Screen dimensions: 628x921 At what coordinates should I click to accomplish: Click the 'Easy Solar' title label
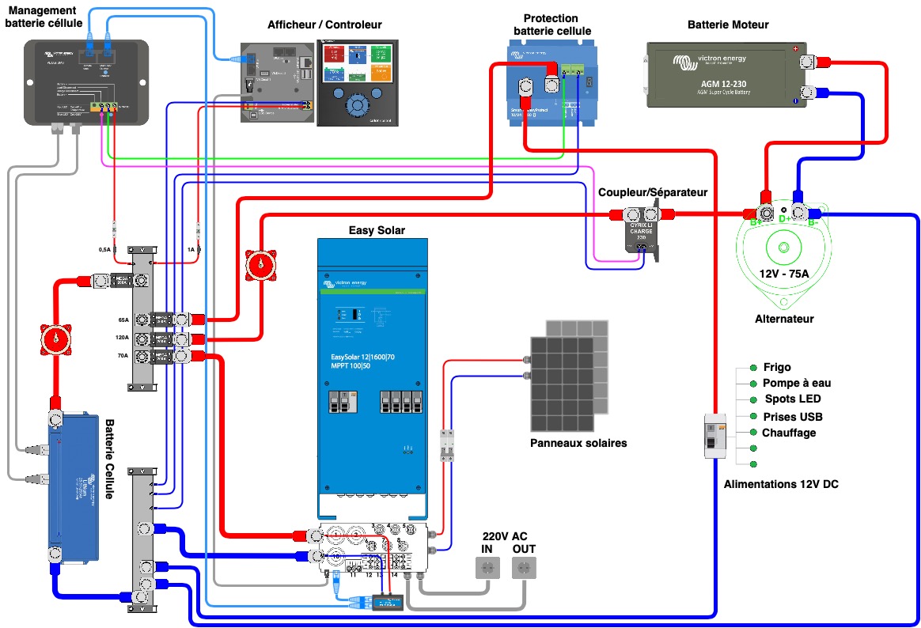377,230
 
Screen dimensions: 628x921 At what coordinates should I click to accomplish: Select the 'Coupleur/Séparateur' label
653,192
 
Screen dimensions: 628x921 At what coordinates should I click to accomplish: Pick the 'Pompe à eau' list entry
796,383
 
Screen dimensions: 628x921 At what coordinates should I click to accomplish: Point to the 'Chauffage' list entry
788,433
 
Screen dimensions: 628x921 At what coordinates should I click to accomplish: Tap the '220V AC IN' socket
486,567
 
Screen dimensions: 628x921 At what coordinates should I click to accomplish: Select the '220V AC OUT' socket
523,567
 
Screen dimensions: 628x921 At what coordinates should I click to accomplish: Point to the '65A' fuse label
123,320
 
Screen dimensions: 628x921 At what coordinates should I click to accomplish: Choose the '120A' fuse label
121,339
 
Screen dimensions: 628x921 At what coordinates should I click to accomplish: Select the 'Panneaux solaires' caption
578,443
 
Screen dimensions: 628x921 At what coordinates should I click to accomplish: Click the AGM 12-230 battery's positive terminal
808,62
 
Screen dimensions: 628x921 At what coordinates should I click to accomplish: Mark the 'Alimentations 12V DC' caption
780,483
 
